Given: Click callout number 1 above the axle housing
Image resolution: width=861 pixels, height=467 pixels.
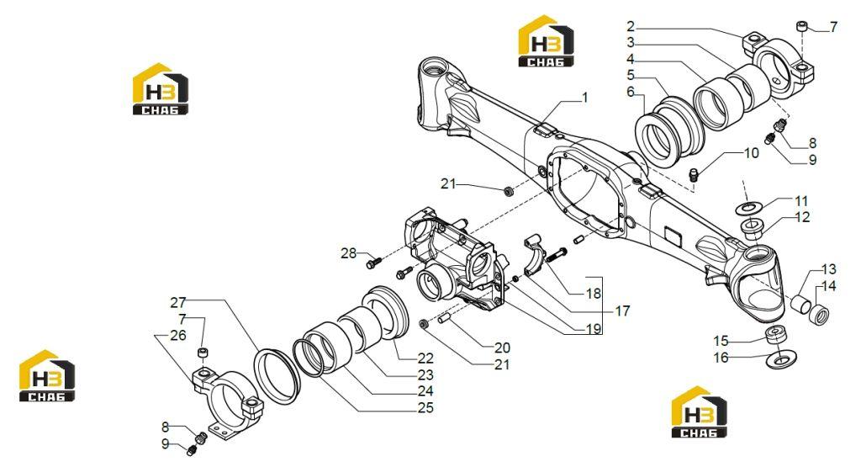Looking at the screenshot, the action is [x=585, y=98].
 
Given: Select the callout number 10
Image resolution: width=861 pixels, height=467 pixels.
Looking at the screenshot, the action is [x=751, y=153].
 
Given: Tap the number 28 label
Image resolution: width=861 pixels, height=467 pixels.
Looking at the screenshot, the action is [x=349, y=253].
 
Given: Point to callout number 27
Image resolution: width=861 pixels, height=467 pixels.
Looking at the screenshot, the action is [x=178, y=302].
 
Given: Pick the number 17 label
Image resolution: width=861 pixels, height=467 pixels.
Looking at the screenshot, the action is [x=622, y=311].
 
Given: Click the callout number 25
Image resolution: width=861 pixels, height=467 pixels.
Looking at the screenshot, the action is [x=425, y=407].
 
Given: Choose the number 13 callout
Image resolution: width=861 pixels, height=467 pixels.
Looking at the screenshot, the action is [x=828, y=269].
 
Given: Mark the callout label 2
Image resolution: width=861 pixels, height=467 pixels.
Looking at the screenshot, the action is [x=631, y=26].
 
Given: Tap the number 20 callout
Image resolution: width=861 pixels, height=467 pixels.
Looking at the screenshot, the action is [x=503, y=348].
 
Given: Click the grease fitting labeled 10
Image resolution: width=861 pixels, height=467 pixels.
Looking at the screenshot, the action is [x=695, y=175].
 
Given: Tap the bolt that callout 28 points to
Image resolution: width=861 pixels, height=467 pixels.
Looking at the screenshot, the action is [x=373, y=263].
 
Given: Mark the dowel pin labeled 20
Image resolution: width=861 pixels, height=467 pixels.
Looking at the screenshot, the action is [x=445, y=319].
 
